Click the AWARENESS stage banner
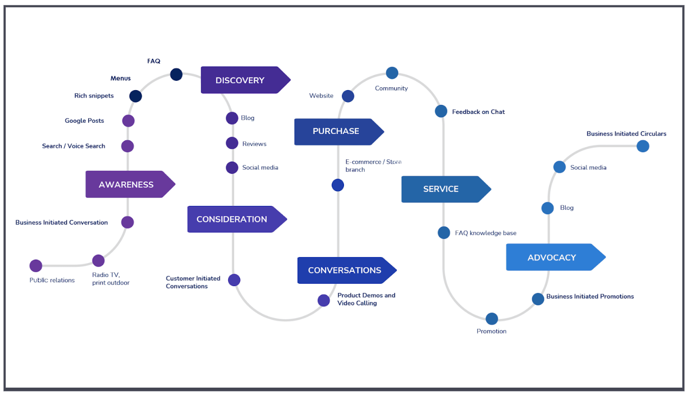tap(126, 185)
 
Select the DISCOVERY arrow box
tap(240, 80)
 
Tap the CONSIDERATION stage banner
tap(232, 219)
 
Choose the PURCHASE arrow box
tap(336, 132)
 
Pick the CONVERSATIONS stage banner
tap(344, 270)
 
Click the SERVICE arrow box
tap(441, 189)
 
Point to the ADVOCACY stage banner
tap(551, 258)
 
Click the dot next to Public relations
tap(36, 266)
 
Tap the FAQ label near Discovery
tap(154, 61)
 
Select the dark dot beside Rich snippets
tap(136, 96)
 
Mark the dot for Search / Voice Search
tap(128, 146)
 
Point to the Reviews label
tap(254, 144)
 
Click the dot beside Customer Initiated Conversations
tap(234, 280)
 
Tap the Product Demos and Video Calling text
tap(366, 299)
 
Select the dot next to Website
tap(348, 96)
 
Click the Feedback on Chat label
tap(478, 112)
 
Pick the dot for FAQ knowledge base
tap(444, 232)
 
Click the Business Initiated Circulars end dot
tap(643, 146)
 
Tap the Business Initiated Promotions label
tap(590, 296)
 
